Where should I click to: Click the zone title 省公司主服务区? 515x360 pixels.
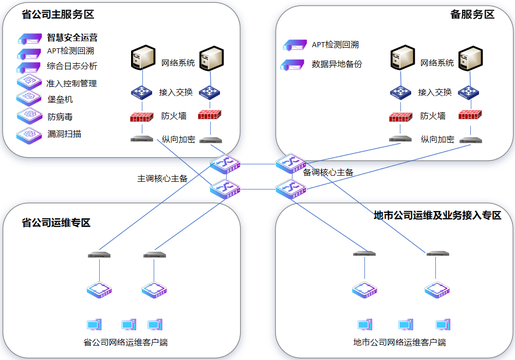point(58,14)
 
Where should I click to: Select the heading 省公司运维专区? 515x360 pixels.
point(56,223)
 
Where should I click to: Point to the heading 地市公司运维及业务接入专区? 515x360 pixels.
point(437,215)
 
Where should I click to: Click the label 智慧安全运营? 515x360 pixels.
point(72,37)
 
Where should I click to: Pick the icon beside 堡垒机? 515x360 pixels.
point(29,98)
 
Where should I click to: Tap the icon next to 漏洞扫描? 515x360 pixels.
point(29,134)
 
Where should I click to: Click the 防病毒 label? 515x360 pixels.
point(60,117)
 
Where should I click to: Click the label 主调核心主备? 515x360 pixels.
point(162,179)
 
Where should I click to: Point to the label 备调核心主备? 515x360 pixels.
point(328,173)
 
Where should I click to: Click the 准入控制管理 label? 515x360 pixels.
point(71,83)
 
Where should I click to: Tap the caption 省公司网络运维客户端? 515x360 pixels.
point(125,342)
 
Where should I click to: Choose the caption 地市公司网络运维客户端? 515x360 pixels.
point(399,342)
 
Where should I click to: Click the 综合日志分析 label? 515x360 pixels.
point(71,66)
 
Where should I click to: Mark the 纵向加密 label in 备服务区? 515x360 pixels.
point(437,139)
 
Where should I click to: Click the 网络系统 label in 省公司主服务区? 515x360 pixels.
point(178,63)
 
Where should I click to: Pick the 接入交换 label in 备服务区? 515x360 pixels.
point(435,92)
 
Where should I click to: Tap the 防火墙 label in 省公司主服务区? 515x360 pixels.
point(174,116)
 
